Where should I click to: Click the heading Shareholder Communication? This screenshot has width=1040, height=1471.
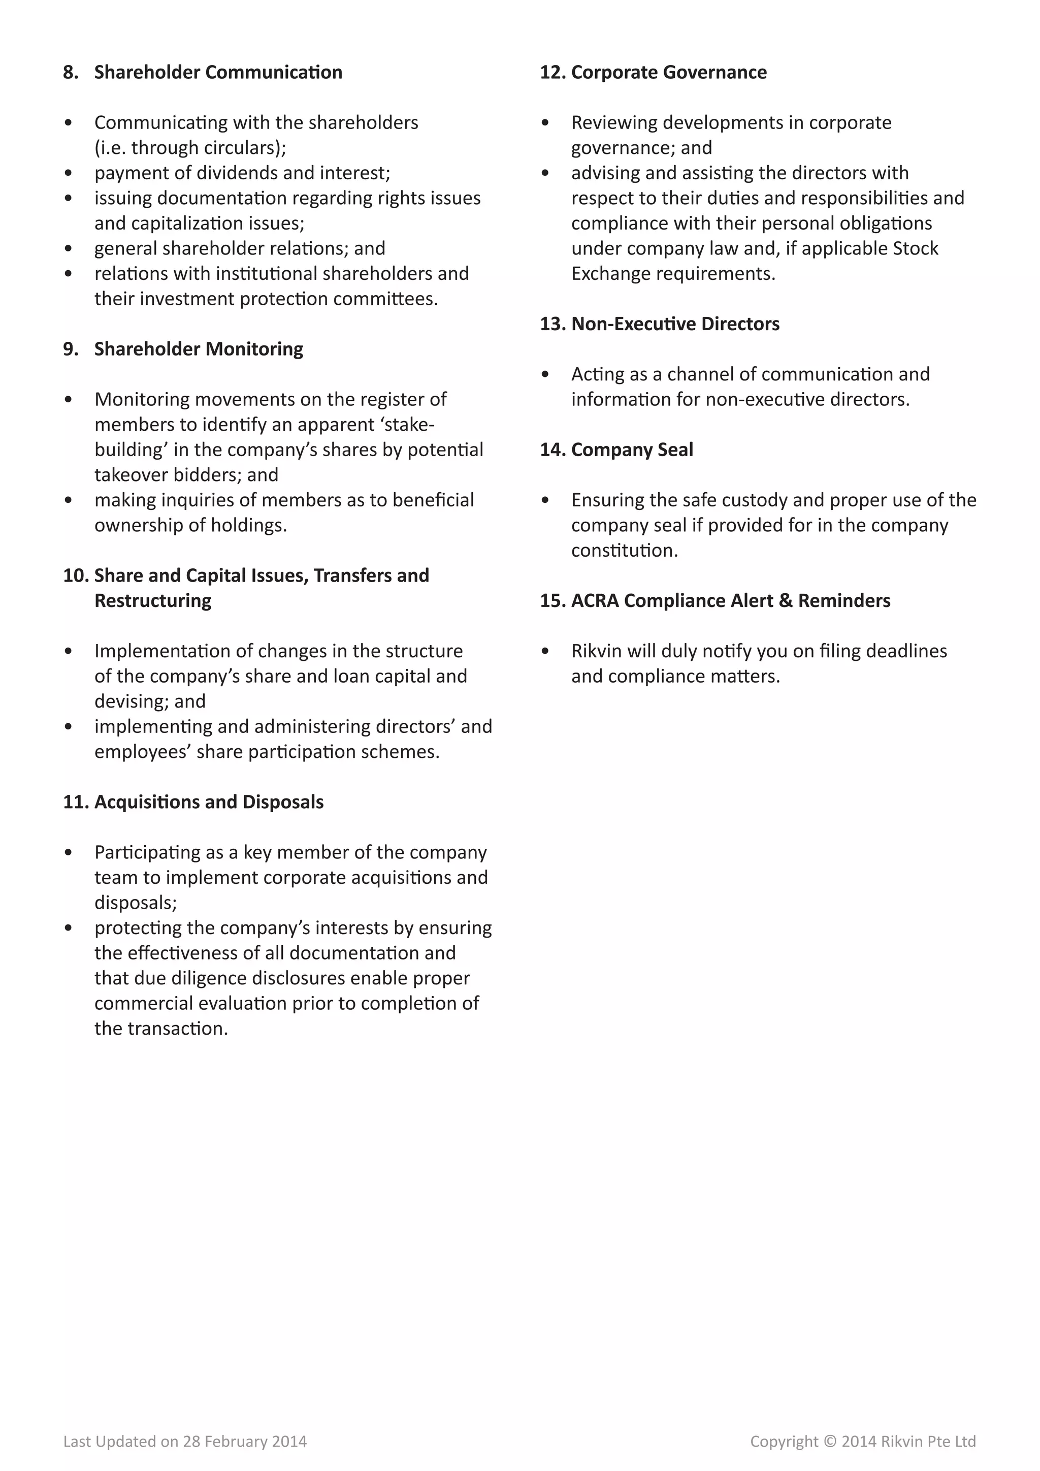pyautogui.click(x=218, y=73)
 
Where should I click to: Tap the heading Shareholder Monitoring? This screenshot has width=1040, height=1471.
pyautogui.click(x=199, y=349)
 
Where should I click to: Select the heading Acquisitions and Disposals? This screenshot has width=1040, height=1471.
pyautogui.click(x=209, y=802)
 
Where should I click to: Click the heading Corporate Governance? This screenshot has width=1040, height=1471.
pyautogui.click(x=669, y=73)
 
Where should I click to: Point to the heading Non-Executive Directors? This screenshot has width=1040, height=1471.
pyautogui.click(x=675, y=324)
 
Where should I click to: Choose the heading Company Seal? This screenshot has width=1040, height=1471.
pyautogui.click(x=631, y=450)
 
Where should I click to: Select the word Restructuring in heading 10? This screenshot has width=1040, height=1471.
pyautogui.click(x=152, y=601)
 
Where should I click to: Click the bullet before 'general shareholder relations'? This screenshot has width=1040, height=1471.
pyautogui.click(x=69, y=248)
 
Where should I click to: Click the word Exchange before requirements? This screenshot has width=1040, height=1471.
pyautogui.click(x=611, y=274)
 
